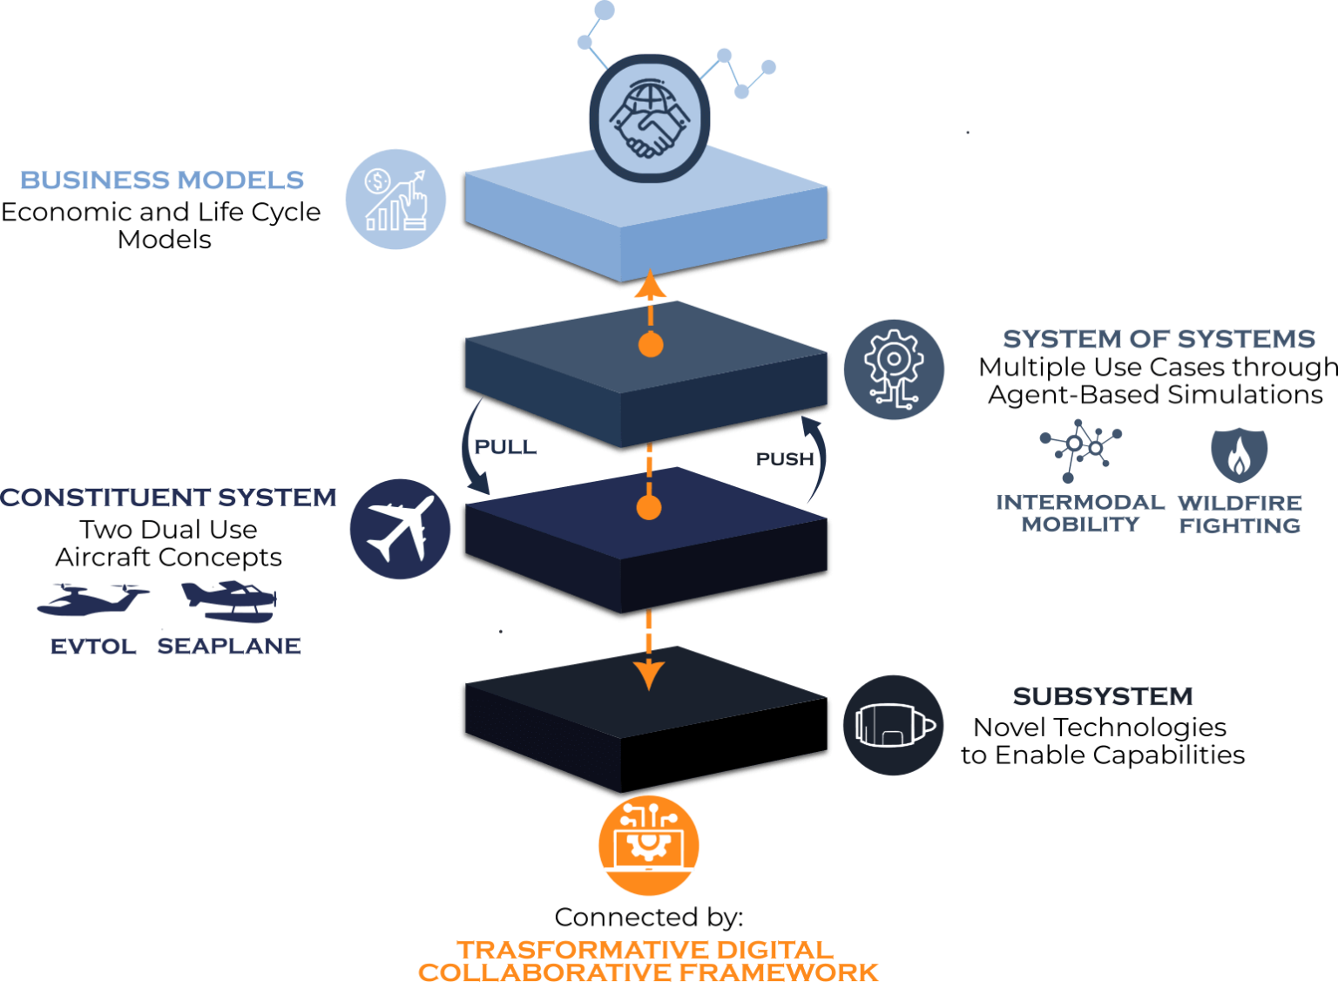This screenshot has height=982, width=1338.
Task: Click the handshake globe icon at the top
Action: point(649,119)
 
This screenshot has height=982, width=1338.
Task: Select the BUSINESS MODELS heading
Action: point(162,180)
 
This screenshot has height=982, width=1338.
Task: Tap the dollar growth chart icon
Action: point(395,200)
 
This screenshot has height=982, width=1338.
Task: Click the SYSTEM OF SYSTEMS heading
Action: point(1159,339)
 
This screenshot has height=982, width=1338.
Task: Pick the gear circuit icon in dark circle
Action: point(894,369)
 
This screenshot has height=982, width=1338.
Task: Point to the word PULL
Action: point(504,448)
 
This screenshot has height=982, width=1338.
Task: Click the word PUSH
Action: point(784,459)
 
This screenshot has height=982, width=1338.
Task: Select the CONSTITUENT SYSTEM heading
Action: point(168,498)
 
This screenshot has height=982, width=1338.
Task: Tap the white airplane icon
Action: point(400,529)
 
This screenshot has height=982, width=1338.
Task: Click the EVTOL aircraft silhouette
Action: point(91,599)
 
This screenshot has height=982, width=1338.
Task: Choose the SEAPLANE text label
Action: point(229,647)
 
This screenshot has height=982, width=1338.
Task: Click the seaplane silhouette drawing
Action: point(229,599)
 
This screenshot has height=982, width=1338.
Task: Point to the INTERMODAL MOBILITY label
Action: point(1080,513)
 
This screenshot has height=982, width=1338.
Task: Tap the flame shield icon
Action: point(1239,455)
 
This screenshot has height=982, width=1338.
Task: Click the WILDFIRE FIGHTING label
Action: point(1240,514)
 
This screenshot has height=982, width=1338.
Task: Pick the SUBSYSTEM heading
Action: point(1103,697)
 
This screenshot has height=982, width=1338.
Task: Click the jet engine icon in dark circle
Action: point(894,725)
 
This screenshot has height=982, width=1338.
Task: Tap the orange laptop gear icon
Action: point(649,845)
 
